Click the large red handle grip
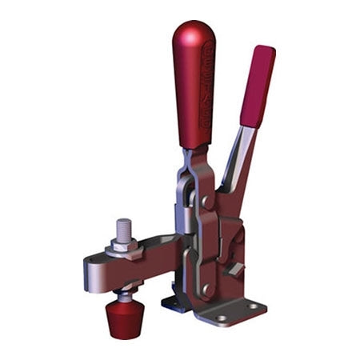[x=194, y=88]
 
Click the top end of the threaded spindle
[x=123, y=222]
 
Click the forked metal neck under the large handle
[x=190, y=164]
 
